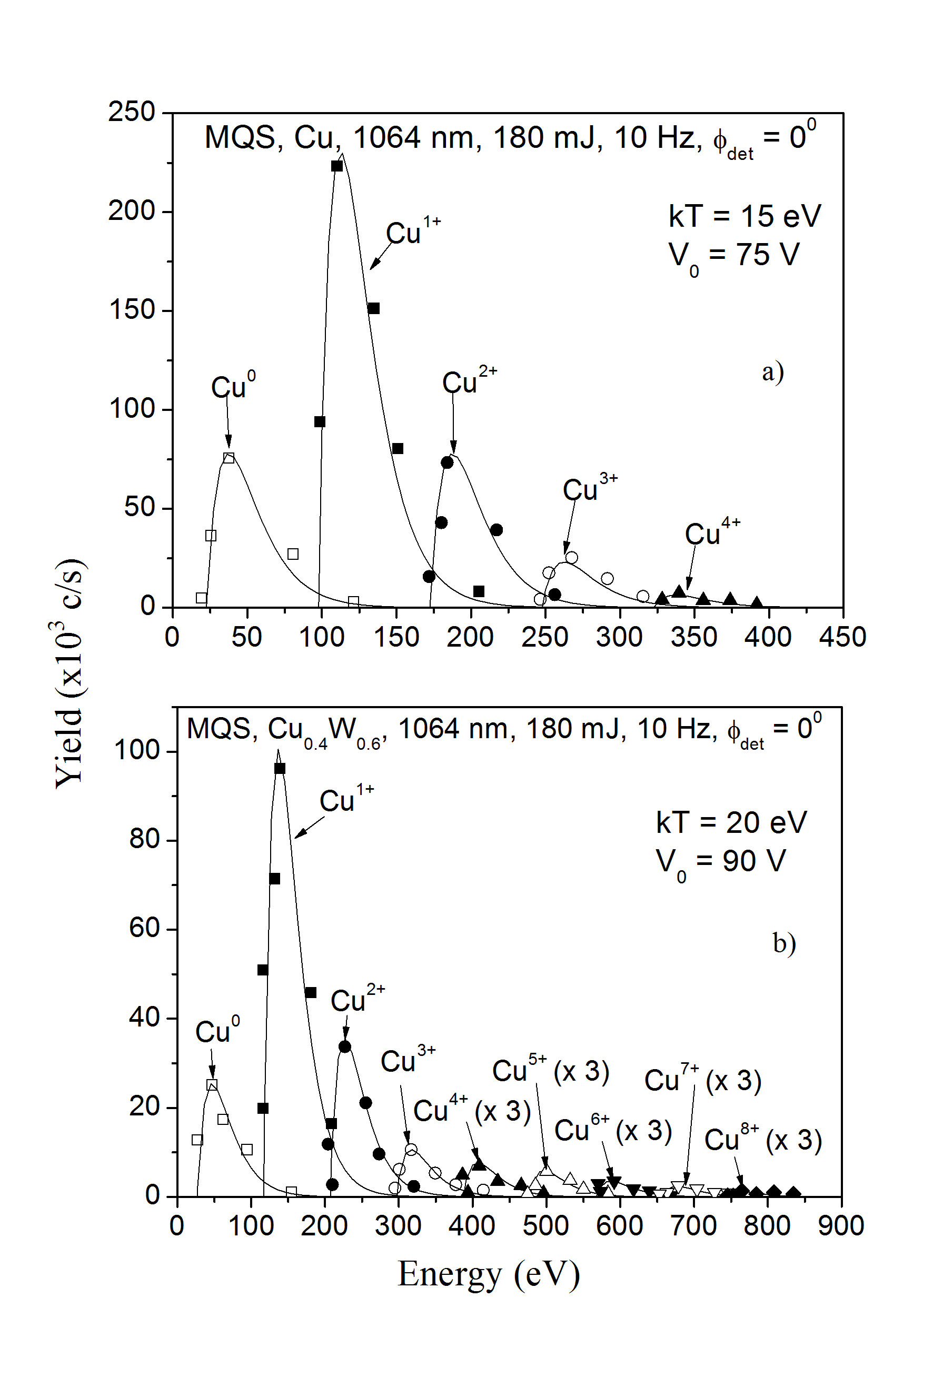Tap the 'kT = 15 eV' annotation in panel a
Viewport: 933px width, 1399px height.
[745, 216]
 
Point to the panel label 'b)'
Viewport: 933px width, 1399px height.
[784, 943]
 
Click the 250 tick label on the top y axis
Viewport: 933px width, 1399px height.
[132, 112]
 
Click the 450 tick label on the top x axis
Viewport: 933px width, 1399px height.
[842, 637]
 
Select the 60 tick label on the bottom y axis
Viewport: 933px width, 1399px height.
[145, 929]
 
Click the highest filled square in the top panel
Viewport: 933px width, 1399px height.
[337, 166]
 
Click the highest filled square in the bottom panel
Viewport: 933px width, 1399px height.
[280, 769]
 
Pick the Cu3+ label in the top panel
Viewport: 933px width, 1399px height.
[590, 489]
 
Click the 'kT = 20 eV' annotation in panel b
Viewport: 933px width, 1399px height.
[731, 823]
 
